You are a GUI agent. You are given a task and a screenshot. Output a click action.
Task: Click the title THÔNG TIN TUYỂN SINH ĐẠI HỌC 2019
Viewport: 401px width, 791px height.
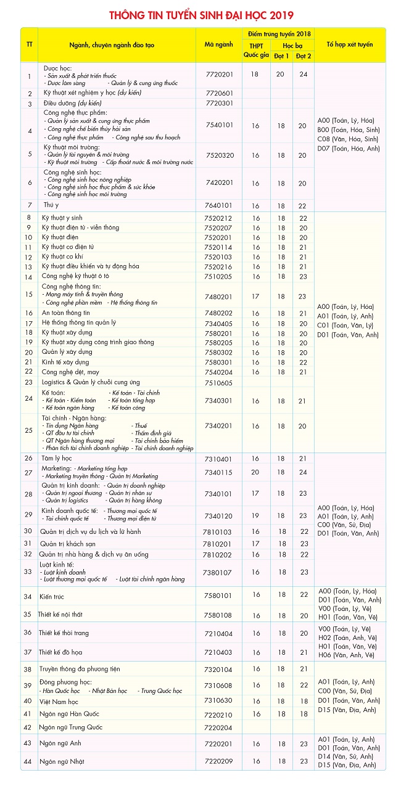pos(201,15)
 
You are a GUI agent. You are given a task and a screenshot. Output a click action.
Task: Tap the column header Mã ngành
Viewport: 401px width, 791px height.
pos(219,45)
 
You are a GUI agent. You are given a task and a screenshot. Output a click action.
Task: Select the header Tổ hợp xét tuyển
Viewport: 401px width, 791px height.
pos(349,45)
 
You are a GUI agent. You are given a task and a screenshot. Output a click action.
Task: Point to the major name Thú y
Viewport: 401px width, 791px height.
pos(51,205)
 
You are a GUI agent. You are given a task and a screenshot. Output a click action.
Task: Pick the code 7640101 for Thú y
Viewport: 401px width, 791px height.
pos(219,205)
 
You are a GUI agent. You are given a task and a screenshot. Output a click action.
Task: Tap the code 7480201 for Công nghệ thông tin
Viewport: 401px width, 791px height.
pos(219,297)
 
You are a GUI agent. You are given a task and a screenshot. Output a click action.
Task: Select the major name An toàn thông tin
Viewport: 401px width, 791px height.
pos(66,313)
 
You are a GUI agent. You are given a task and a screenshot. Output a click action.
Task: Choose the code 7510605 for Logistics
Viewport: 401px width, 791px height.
pos(219,382)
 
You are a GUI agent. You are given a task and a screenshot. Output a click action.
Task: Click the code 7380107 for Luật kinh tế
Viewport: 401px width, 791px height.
pos(219,572)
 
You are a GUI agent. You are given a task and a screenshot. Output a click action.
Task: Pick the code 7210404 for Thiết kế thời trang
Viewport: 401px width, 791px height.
pos(219,633)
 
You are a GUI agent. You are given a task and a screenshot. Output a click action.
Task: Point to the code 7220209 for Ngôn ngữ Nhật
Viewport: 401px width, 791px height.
pos(219,761)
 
